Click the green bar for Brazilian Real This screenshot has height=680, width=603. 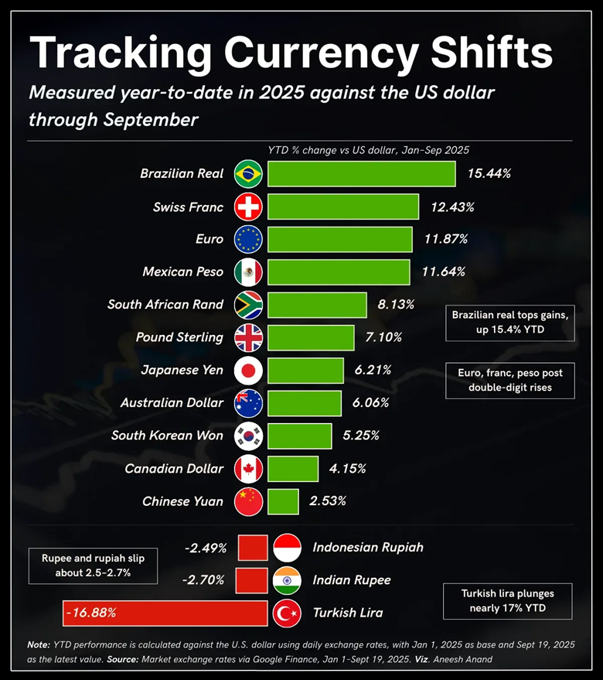click(x=361, y=174)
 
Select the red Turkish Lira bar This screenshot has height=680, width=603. click(x=165, y=613)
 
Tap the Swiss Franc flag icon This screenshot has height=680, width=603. click(x=248, y=207)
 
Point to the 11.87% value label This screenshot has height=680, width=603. click(x=445, y=240)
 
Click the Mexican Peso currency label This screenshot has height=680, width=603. click(x=183, y=272)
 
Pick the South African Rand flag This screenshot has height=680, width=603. click(x=248, y=305)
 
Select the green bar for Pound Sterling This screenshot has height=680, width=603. click(x=311, y=337)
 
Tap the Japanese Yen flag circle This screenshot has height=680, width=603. click(x=248, y=371)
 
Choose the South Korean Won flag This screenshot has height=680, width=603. click(x=248, y=436)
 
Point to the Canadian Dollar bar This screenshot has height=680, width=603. click(x=293, y=469)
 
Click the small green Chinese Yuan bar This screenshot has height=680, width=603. click(x=283, y=501)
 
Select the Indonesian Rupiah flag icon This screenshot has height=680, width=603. click(x=287, y=548)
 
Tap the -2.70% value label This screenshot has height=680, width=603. click(x=205, y=580)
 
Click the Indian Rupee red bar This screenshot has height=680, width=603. click(x=251, y=580)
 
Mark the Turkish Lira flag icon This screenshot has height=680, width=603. click(x=287, y=613)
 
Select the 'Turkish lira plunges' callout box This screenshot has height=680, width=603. click(x=507, y=601)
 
